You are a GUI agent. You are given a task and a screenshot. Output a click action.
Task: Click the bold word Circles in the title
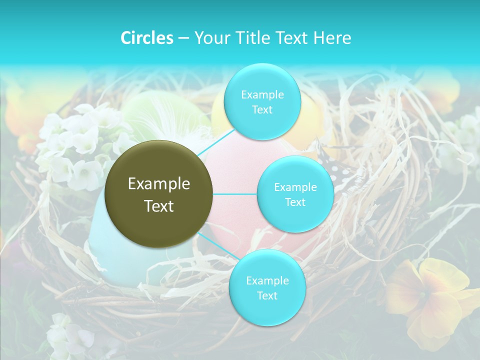(x=146, y=38)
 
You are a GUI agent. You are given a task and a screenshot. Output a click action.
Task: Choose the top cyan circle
(x=262, y=101)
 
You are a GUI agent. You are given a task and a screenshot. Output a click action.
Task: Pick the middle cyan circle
(x=295, y=194)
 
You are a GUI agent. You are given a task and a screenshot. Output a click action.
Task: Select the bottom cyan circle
(x=267, y=287)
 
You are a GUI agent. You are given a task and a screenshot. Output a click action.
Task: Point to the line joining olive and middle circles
(x=235, y=194)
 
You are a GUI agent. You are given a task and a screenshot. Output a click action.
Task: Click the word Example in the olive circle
(x=159, y=184)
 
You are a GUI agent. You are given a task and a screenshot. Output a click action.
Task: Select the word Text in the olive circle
(x=159, y=205)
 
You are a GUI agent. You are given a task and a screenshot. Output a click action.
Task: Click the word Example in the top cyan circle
(x=262, y=94)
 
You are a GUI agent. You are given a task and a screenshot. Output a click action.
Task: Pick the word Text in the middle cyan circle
(x=295, y=202)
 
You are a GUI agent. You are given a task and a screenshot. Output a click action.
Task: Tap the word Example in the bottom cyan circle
(x=267, y=280)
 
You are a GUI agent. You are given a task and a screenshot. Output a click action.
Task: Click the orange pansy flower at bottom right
(x=430, y=300)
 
